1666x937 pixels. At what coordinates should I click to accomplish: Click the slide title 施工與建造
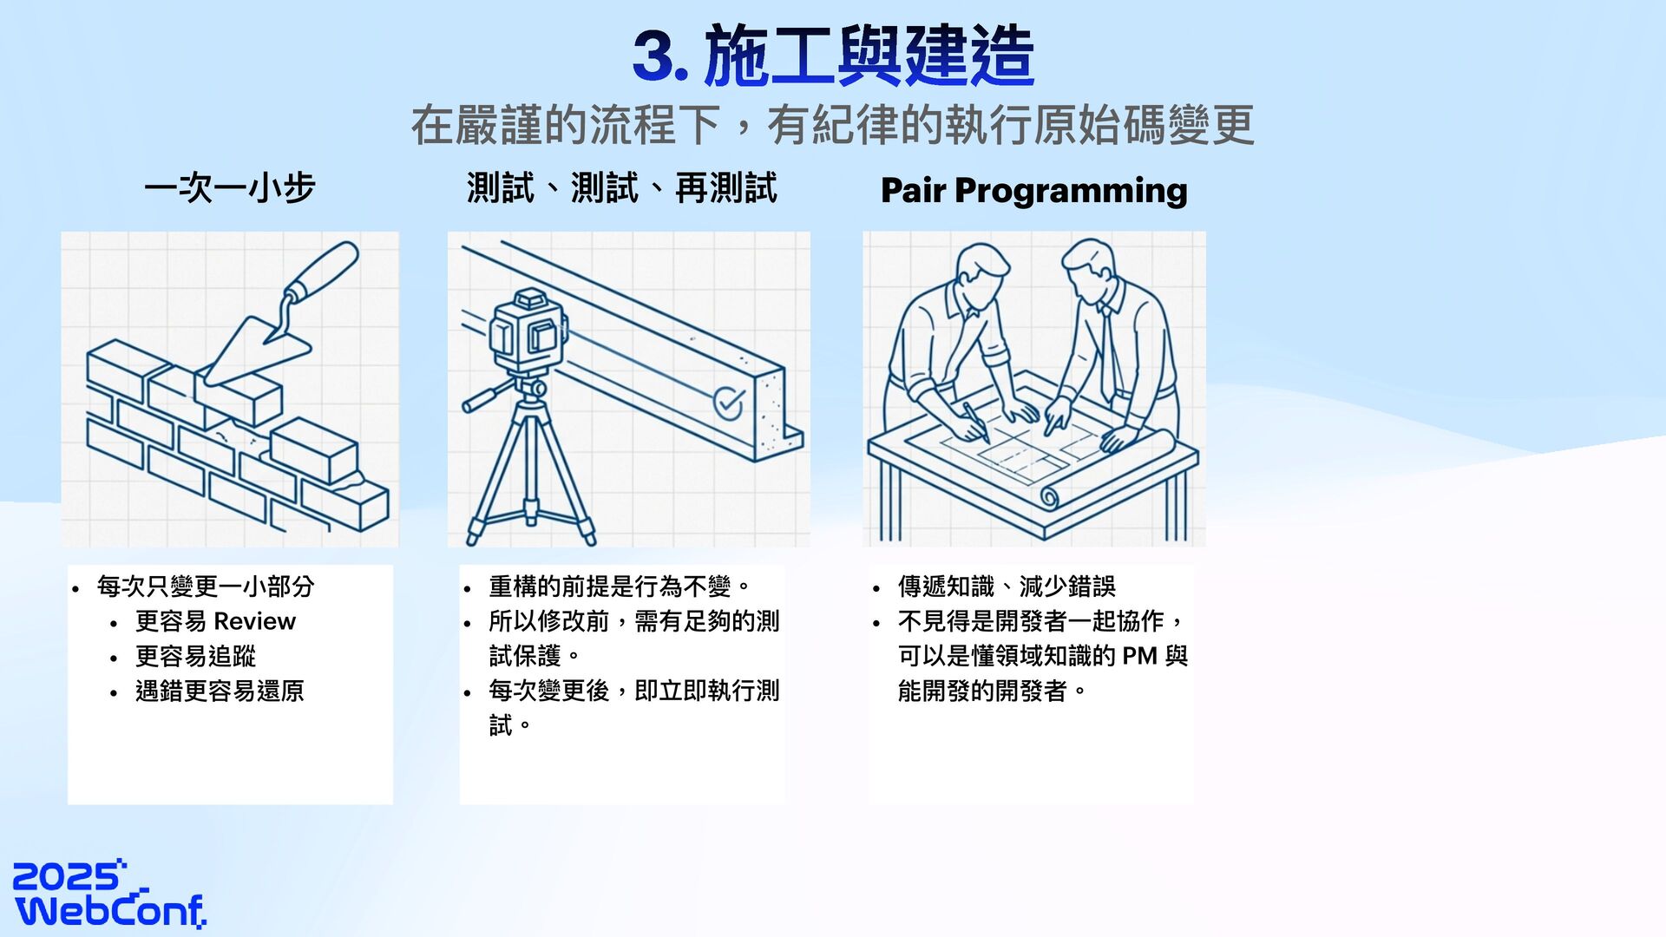click(x=869, y=56)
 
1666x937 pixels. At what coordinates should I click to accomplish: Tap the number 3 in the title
click(x=653, y=56)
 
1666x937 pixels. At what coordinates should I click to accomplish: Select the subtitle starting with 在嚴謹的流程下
click(x=833, y=125)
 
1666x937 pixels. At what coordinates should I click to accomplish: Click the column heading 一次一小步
click(x=230, y=188)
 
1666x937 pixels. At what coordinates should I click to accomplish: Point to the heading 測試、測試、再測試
click(x=621, y=188)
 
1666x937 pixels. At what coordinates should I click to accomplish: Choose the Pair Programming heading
click(x=1033, y=190)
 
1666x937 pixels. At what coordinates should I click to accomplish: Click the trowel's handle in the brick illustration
click(x=323, y=271)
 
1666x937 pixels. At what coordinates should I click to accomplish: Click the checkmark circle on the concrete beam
click(x=728, y=403)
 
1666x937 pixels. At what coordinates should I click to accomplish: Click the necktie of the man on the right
click(x=1107, y=351)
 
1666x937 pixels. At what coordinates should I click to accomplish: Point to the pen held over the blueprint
click(x=976, y=423)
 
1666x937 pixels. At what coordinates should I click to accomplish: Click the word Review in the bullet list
click(x=254, y=621)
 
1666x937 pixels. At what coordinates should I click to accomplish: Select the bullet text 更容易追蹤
click(x=195, y=656)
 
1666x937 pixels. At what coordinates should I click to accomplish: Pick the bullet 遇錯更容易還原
click(x=220, y=691)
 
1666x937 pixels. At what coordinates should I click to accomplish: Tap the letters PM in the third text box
click(x=1139, y=656)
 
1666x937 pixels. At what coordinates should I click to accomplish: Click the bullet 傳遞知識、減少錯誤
click(x=1007, y=586)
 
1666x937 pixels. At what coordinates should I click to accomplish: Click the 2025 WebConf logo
click(x=110, y=894)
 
